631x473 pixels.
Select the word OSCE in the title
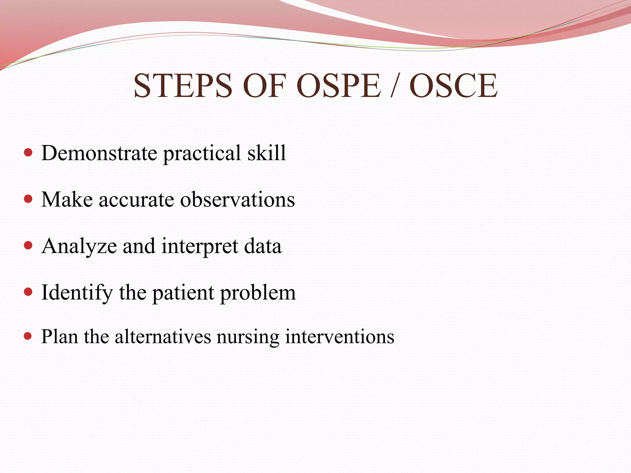pos(453,86)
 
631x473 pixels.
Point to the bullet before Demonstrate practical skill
pos(28,152)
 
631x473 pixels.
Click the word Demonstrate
pos(99,153)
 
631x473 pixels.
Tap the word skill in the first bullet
pos(267,153)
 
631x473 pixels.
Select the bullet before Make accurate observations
pos(28,199)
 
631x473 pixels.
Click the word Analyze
pos(79,247)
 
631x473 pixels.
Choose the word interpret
pos(200,247)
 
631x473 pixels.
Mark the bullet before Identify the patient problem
pos(28,292)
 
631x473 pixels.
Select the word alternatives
pos(163,336)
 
